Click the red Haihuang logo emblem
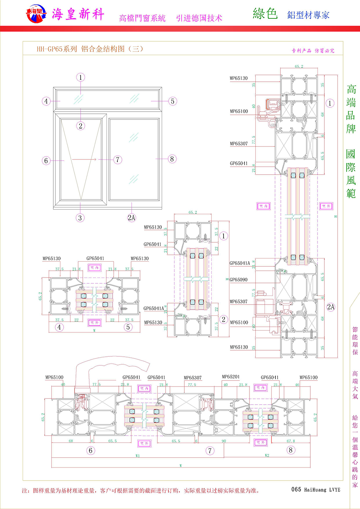36,14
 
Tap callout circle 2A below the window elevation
131,217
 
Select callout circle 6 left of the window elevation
46,161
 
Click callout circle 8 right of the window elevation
172,159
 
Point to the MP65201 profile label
230,377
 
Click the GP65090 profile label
239,280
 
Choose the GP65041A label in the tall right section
239,263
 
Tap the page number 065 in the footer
296,490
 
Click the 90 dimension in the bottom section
224,441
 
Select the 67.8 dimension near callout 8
291,441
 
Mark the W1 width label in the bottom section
138,456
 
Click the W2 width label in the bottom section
267,456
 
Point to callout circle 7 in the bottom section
210,451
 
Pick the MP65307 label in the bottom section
193,378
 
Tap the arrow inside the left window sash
85,159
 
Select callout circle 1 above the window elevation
81,77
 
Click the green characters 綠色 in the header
265,14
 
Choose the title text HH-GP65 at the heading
49,49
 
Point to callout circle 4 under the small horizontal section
59,327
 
